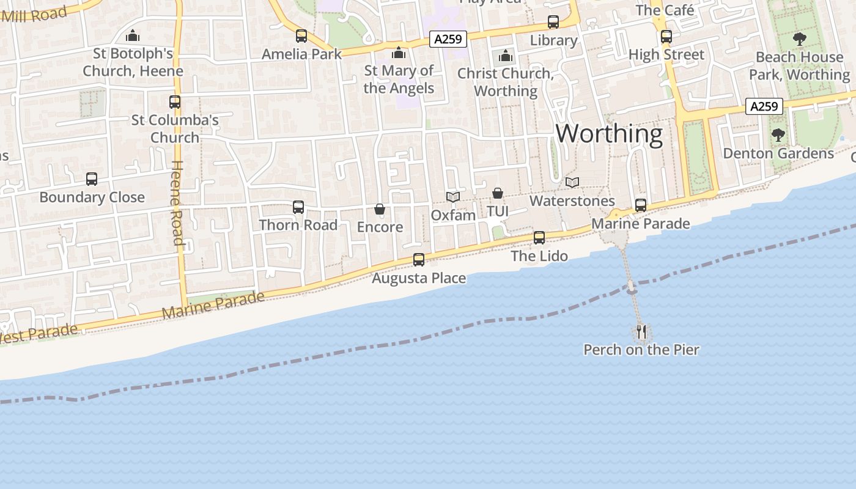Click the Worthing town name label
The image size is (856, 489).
pyautogui.click(x=609, y=134)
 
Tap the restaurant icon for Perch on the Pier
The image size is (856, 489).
pyautogui.click(x=641, y=332)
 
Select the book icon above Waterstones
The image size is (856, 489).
pyautogui.click(x=572, y=182)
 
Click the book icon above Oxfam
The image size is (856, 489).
pyautogui.click(x=453, y=197)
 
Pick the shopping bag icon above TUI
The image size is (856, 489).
pyautogui.click(x=498, y=193)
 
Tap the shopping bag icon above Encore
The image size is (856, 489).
pyautogui.click(x=380, y=209)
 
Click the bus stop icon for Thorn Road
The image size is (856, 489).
pyautogui.click(x=298, y=207)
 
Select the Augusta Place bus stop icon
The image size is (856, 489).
pyautogui.click(x=419, y=260)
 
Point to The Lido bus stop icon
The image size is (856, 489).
pyautogui.click(x=539, y=238)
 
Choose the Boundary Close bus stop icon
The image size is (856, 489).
pyautogui.click(x=92, y=179)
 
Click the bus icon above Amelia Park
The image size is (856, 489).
pyautogui.click(x=301, y=36)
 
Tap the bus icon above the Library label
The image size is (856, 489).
pyautogui.click(x=553, y=22)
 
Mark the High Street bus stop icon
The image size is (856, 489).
pyautogui.click(x=666, y=37)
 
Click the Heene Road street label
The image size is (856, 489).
pyautogui.click(x=177, y=202)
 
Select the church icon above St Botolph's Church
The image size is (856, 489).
pyautogui.click(x=133, y=36)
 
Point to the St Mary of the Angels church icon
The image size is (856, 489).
pyautogui.click(x=399, y=53)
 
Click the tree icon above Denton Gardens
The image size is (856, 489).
pyautogui.click(x=778, y=135)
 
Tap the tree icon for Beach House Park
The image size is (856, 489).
pyautogui.click(x=799, y=40)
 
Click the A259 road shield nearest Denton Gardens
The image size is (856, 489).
pyautogui.click(x=764, y=106)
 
